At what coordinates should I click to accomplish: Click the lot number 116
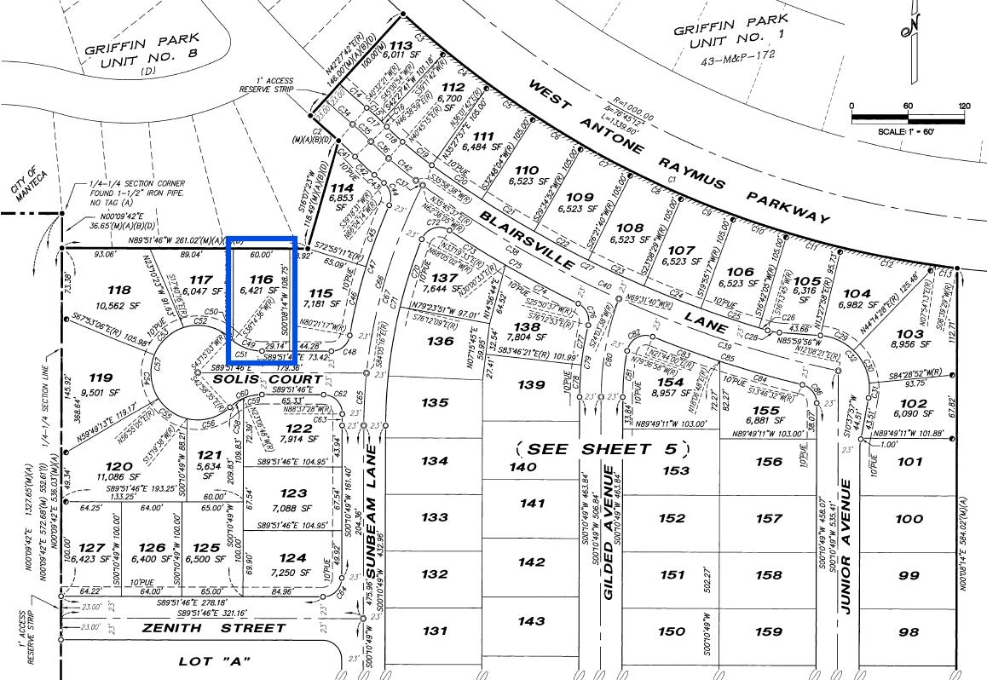click(260, 279)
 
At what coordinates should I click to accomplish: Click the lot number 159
click(768, 631)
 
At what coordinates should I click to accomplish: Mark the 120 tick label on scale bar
click(963, 107)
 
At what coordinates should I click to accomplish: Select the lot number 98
click(909, 631)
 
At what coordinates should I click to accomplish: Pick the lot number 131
click(434, 631)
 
